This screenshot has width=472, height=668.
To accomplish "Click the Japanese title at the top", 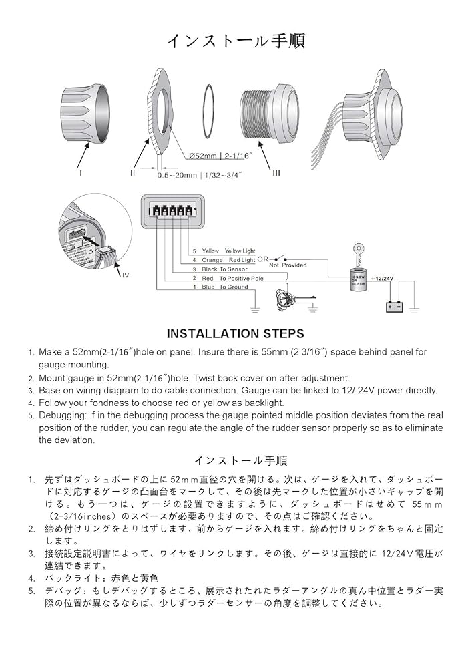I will (x=236, y=41).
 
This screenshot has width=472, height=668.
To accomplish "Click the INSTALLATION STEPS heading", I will (x=235, y=333).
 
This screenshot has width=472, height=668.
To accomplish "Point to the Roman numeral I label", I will (x=81, y=172).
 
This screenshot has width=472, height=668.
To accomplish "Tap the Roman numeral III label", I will (x=276, y=173).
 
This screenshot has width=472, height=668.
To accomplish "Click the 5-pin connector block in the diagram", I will (x=172, y=210).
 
